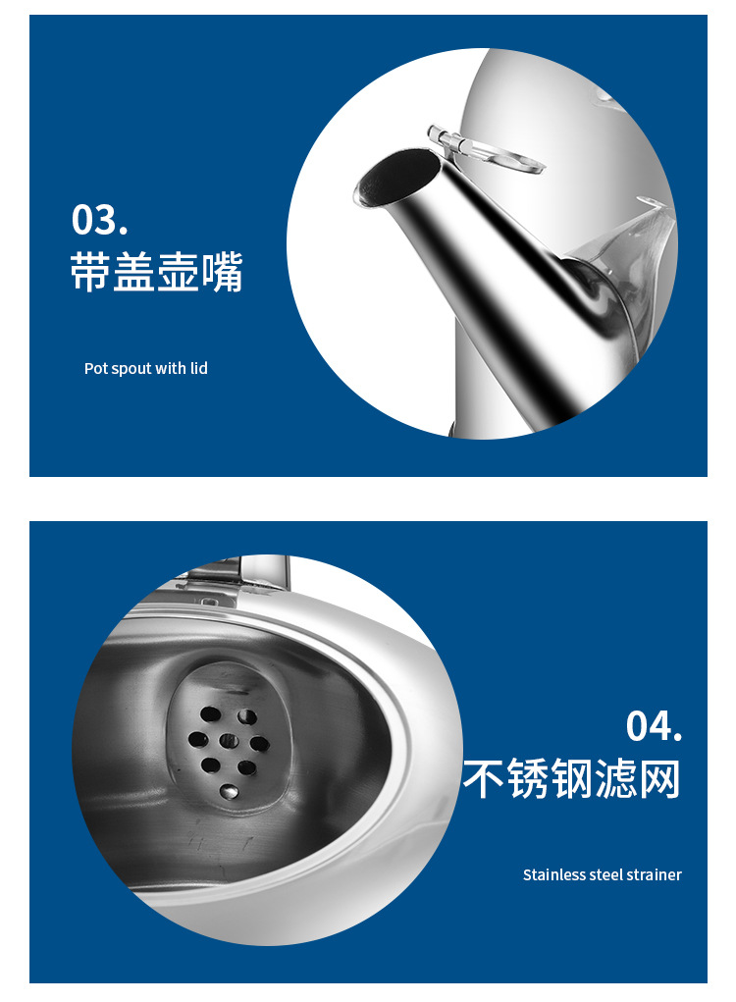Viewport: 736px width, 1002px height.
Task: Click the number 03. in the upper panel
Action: (99, 220)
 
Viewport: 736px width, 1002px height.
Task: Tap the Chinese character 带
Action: (91, 272)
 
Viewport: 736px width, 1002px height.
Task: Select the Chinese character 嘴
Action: (223, 272)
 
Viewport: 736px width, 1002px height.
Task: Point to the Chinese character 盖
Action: (135, 272)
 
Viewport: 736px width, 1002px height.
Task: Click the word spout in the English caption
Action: (131, 369)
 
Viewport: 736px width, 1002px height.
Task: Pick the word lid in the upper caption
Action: (198, 369)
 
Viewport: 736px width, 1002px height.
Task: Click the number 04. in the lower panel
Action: (654, 726)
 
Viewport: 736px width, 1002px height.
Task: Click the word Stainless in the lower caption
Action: (553, 874)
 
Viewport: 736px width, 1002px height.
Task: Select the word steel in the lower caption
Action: (606, 874)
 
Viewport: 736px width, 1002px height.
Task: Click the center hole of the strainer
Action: (228, 741)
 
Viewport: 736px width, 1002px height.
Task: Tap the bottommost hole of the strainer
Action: (229, 788)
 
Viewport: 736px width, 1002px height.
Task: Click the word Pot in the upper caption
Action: (95, 369)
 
